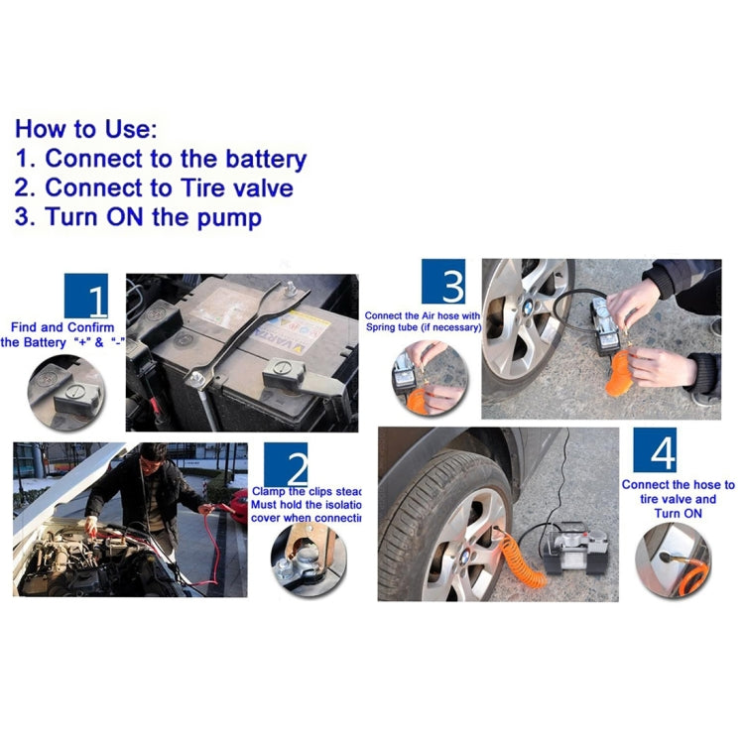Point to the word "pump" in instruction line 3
click(233, 217)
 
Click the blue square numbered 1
click(85, 296)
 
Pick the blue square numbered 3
click(442, 282)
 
